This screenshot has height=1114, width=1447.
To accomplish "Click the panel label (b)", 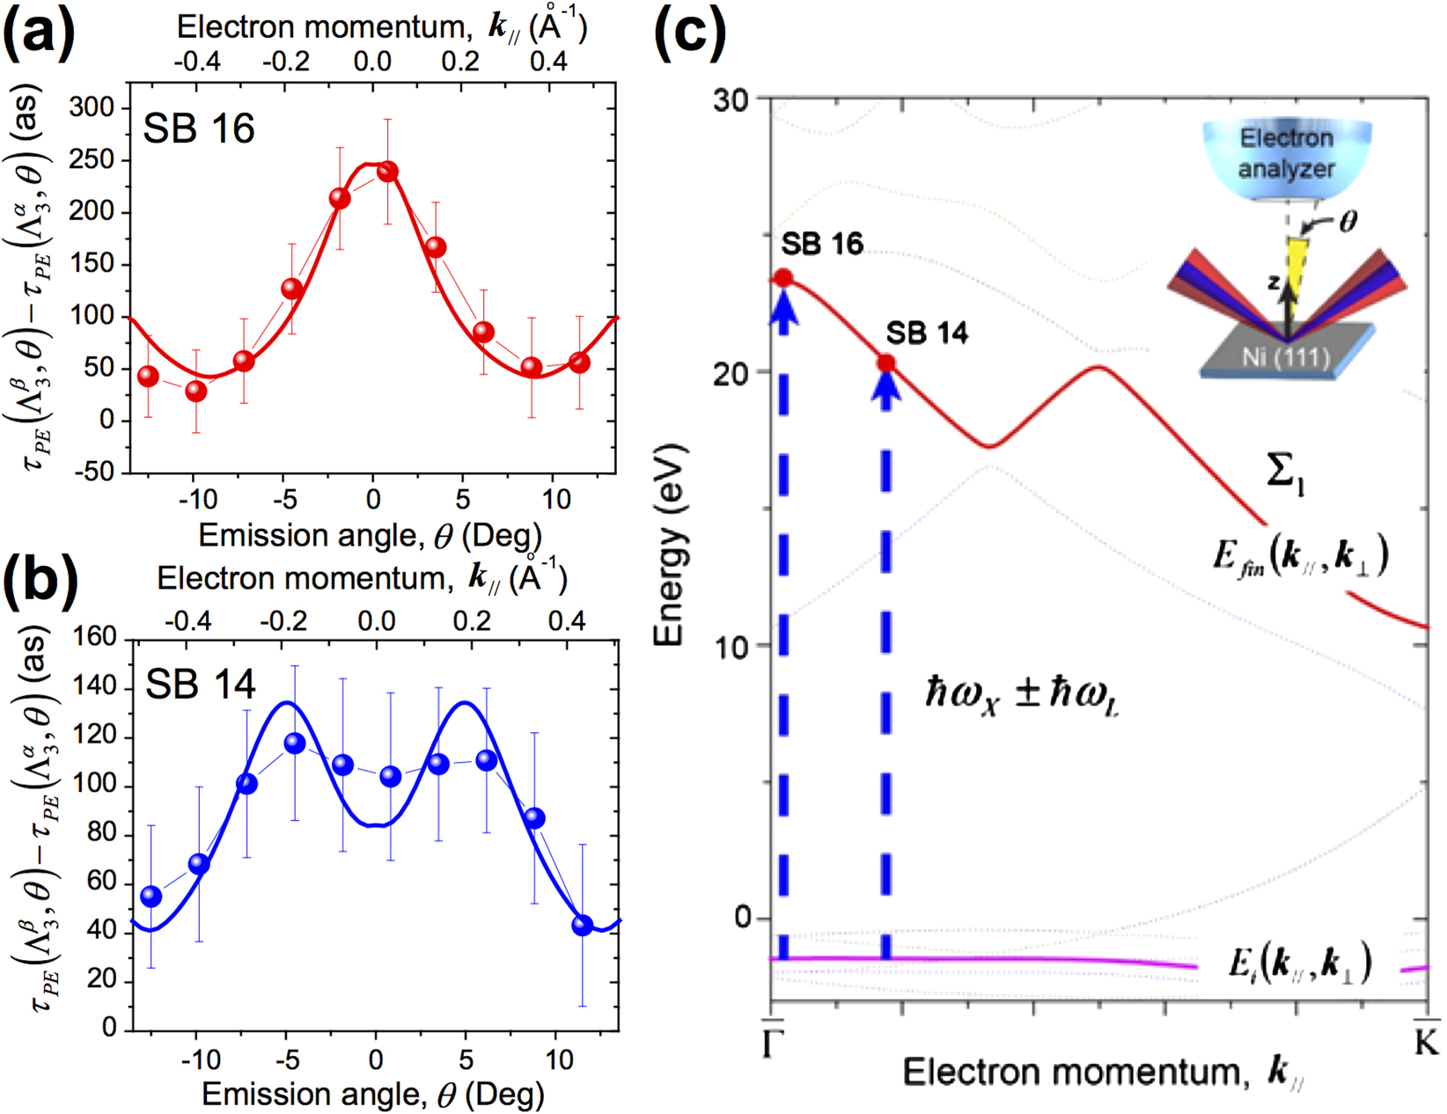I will pyautogui.click(x=40, y=582).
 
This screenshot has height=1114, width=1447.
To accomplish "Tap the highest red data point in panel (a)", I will pyautogui.click(x=387, y=172).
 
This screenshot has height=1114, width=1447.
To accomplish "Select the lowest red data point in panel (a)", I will pyautogui.click(x=196, y=391).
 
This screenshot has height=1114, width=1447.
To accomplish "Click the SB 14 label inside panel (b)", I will pyautogui.click(x=200, y=685).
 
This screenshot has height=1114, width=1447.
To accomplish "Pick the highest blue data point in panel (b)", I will pyautogui.click(x=295, y=744).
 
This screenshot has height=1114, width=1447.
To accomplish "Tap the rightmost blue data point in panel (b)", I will pyautogui.click(x=582, y=925).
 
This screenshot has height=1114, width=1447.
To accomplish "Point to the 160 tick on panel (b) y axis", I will pyautogui.click(x=97, y=636).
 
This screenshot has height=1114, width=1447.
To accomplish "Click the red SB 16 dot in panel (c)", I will pyautogui.click(x=782, y=278).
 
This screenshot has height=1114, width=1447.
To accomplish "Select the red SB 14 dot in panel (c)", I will pyautogui.click(x=886, y=363).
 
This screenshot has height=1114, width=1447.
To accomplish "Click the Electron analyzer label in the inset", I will pyautogui.click(x=1286, y=153).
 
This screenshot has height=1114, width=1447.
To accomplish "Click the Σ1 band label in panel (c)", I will pyautogui.click(x=1284, y=474).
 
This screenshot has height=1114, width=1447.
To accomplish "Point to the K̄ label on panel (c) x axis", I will pyautogui.click(x=1426, y=1040).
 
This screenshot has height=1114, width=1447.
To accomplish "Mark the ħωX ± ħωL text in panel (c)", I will pyautogui.click(x=1021, y=693).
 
